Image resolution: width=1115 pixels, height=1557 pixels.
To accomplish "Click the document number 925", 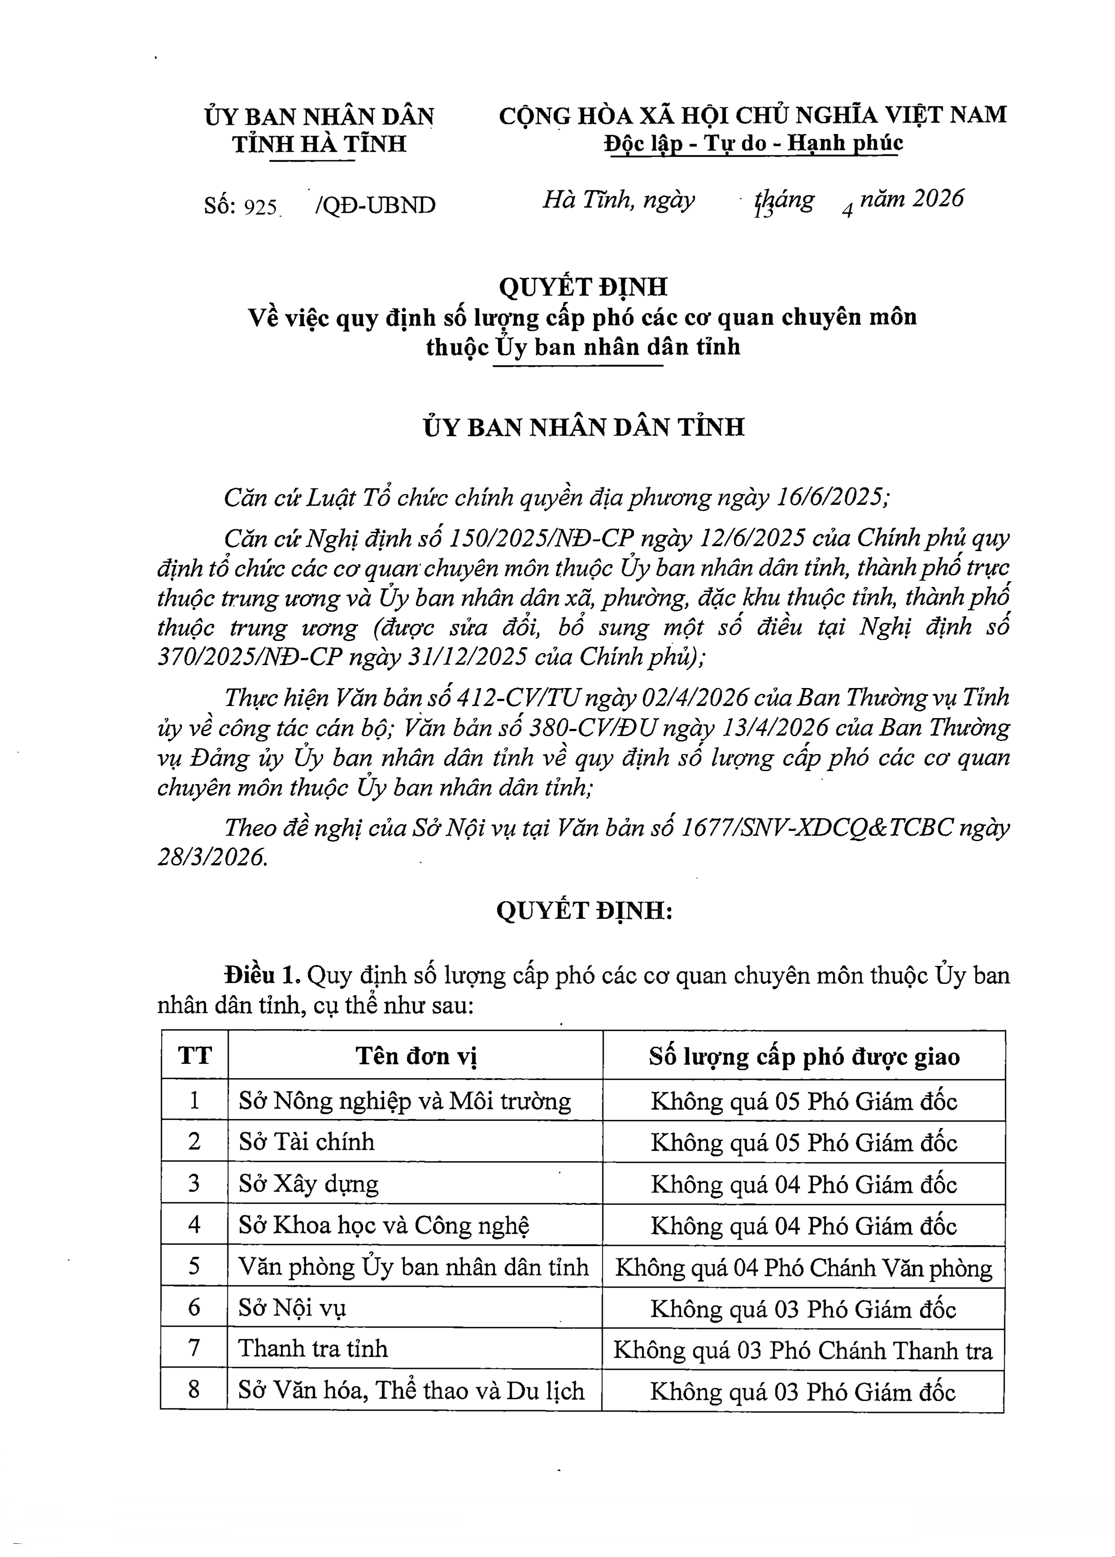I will (259, 206).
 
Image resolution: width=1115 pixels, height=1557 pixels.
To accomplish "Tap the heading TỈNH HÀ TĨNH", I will (319, 144).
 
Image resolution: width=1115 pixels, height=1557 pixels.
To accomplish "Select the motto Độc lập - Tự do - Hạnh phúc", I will (753, 143).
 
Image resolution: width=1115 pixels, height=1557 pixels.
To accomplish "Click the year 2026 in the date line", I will (938, 198).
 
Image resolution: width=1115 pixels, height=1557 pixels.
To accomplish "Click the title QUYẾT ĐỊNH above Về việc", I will (583, 287).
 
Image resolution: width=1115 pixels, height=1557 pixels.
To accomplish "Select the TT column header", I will (195, 1055).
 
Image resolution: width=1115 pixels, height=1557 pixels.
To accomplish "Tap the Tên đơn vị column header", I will (416, 1055).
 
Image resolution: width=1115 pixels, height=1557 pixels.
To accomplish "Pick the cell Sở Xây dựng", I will (309, 1184).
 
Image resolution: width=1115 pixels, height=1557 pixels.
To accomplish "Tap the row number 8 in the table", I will (194, 1390).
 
